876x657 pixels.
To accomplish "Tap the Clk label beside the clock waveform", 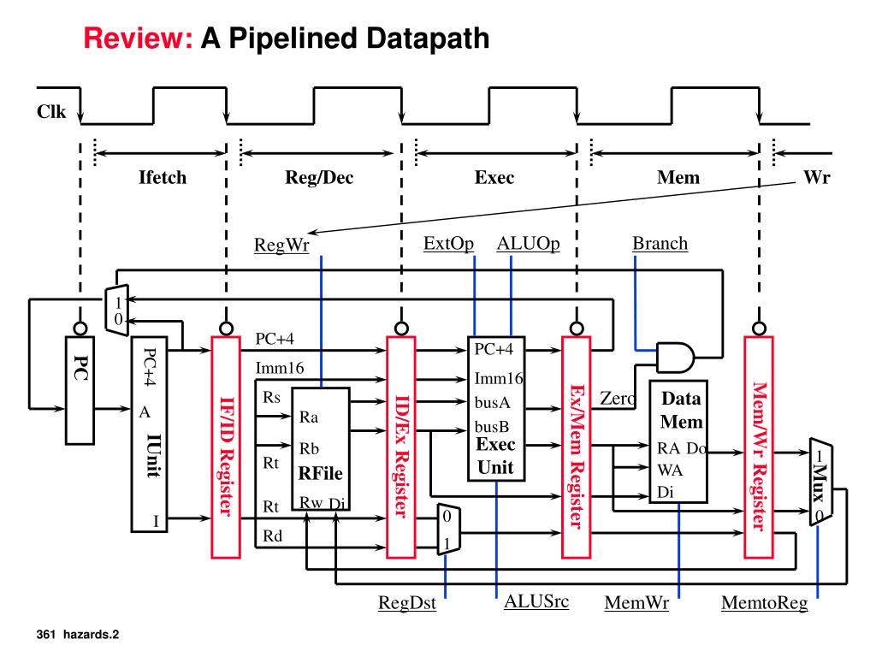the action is click(x=51, y=112).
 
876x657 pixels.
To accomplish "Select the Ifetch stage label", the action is click(x=163, y=177).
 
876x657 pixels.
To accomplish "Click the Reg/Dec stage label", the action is click(x=319, y=178).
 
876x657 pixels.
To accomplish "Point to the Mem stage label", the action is click(x=678, y=178).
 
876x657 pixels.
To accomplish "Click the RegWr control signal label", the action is click(x=281, y=245).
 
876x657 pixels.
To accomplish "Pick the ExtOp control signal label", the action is click(x=448, y=244).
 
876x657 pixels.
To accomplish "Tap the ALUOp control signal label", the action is click(x=528, y=244).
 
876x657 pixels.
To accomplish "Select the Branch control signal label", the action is click(x=660, y=244).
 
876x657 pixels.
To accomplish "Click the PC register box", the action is click(x=80, y=390).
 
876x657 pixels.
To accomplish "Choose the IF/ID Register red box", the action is click(x=226, y=447).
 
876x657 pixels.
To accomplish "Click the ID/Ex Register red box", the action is click(x=401, y=447).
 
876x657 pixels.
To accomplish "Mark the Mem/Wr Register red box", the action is click(x=759, y=447).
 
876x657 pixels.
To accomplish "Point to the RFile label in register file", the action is click(x=320, y=473).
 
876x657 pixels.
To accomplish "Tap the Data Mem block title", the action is click(x=681, y=410).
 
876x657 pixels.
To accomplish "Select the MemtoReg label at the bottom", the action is click(x=764, y=603).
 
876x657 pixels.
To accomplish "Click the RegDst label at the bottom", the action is click(x=406, y=603).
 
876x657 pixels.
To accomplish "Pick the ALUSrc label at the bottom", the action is click(x=536, y=601).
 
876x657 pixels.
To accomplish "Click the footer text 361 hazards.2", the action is click(x=78, y=634).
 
